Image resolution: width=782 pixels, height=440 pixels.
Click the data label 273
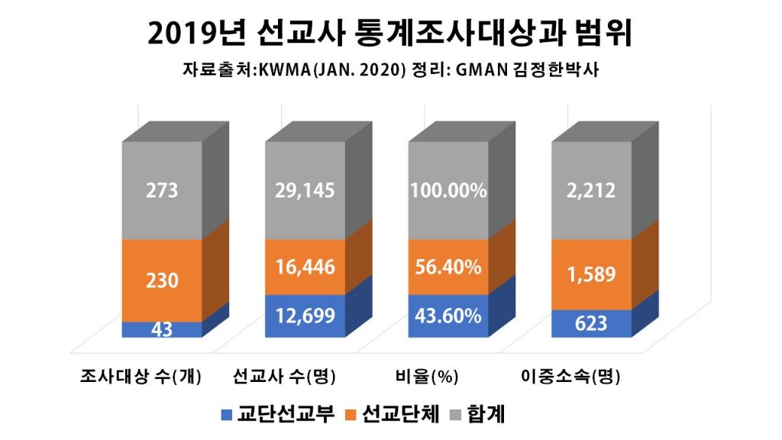pos(162,190)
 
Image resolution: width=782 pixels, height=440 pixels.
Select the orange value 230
pos(162,280)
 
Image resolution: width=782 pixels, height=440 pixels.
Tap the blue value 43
pos(162,330)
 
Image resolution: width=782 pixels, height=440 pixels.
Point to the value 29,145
pos(305,190)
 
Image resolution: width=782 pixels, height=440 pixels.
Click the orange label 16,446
pos(305,267)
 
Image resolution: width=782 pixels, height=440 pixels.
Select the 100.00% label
pos(448,190)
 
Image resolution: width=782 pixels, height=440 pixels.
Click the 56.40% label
pos(448,267)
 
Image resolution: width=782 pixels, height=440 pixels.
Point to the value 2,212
pos(591,190)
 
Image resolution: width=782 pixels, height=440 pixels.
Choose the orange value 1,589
pos(591,274)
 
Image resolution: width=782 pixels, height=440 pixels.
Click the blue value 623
pos(591,323)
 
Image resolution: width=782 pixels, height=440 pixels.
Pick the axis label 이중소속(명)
pos(570,377)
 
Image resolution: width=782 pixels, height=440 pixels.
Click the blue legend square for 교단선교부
pos(226,415)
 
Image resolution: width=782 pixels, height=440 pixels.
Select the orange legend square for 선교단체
pos(352,415)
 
